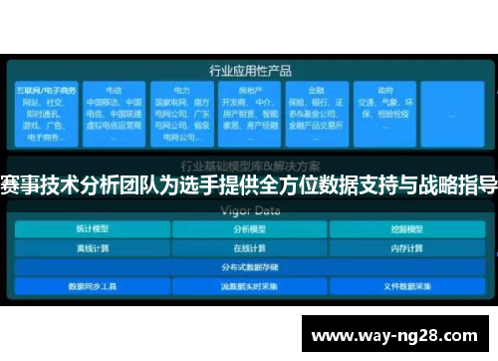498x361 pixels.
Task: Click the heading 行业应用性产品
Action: (x=249, y=71)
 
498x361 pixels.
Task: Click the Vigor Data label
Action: (x=249, y=211)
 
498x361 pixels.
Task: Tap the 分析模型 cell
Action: (x=248, y=229)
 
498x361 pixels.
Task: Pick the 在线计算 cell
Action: (x=248, y=248)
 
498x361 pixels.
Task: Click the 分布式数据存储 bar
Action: (x=248, y=267)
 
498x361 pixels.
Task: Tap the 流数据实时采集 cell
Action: (x=248, y=286)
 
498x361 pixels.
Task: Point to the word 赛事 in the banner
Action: (x=21, y=184)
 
